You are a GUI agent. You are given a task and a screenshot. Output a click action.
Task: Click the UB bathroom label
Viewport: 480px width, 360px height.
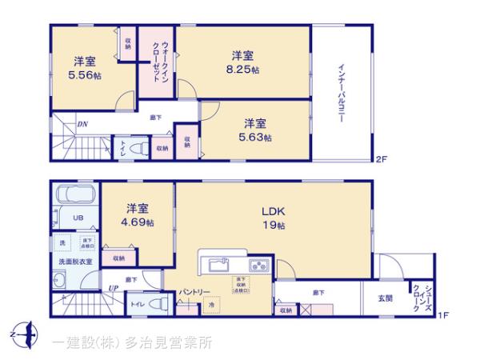click(x=79, y=218)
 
